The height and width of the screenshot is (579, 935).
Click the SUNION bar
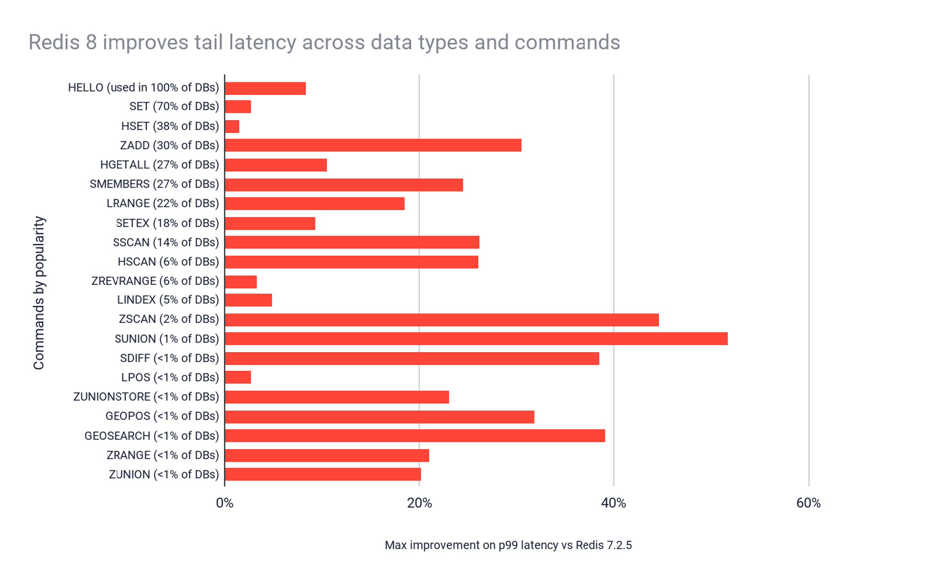click(x=476, y=339)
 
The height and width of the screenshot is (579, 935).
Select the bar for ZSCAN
click(x=441, y=320)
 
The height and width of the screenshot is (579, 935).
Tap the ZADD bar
click(x=373, y=145)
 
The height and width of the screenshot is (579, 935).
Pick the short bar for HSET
click(x=232, y=126)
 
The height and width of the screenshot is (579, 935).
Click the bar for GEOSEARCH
click(x=415, y=436)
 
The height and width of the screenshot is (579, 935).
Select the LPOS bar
click(x=238, y=377)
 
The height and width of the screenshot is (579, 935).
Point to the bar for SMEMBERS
click(x=344, y=184)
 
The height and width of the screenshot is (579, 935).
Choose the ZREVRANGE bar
click(x=241, y=282)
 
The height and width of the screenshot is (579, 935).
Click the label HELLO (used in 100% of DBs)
click(x=143, y=87)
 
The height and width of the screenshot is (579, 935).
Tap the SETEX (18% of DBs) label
click(x=167, y=223)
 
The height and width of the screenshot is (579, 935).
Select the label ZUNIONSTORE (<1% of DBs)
click(x=146, y=397)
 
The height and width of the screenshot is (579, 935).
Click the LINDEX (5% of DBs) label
click(x=168, y=300)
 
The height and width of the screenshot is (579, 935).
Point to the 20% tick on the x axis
click(x=419, y=503)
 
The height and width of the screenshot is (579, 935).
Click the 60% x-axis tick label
click(x=808, y=503)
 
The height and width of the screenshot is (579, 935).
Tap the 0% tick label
click(x=225, y=503)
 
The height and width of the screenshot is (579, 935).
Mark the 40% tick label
click(x=613, y=503)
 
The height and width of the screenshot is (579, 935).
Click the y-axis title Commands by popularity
click(x=39, y=293)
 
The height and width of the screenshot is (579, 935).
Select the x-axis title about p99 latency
click(x=508, y=545)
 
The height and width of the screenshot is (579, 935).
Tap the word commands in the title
click(x=567, y=42)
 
